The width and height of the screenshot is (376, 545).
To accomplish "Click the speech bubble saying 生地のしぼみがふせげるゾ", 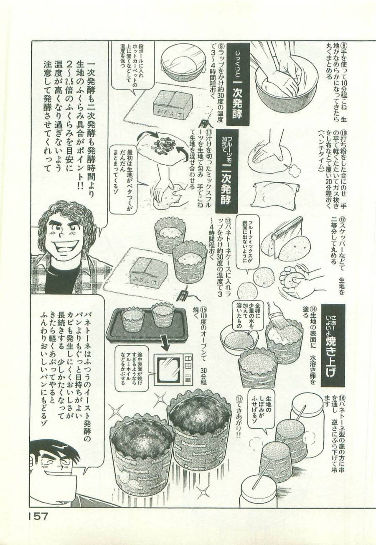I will [x=261, y=411].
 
